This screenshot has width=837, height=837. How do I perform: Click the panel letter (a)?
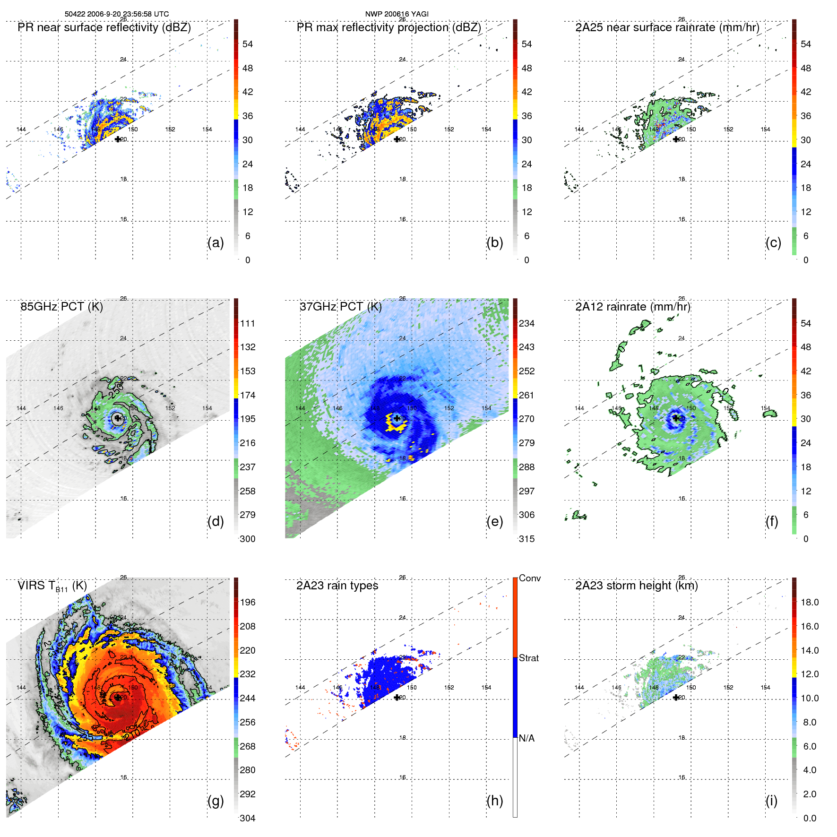(x=216, y=242)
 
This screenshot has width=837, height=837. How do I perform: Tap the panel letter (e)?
(x=494, y=521)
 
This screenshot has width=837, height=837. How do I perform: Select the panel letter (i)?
(x=771, y=801)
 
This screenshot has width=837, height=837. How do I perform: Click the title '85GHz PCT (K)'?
(x=61, y=306)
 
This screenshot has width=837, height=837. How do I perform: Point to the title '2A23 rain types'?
(x=337, y=586)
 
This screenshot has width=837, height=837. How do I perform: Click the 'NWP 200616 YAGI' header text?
(x=397, y=14)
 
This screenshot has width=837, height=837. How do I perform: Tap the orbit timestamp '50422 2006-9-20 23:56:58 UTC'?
(x=117, y=14)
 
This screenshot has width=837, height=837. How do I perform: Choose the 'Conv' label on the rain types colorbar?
(x=529, y=578)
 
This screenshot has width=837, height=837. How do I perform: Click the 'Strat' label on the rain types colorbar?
(x=528, y=658)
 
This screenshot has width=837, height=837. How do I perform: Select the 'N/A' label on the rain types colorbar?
(x=526, y=738)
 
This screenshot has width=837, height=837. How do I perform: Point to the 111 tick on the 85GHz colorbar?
(x=248, y=323)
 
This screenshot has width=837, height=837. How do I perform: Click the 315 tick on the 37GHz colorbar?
(x=526, y=539)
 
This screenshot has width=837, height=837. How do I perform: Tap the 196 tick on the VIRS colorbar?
(x=248, y=602)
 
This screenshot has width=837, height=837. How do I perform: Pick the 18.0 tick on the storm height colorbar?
(x=809, y=602)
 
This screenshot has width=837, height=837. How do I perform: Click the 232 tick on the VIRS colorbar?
(x=248, y=674)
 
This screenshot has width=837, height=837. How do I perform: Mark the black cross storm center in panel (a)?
(x=118, y=139)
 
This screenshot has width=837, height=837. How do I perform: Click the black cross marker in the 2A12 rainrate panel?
(x=676, y=418)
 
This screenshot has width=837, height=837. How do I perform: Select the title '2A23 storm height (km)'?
(x=636, y=586)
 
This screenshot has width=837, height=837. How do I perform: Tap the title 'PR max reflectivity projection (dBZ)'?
(x=388, y=27)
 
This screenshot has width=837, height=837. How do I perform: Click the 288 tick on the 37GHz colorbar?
(x=526, y=467)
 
